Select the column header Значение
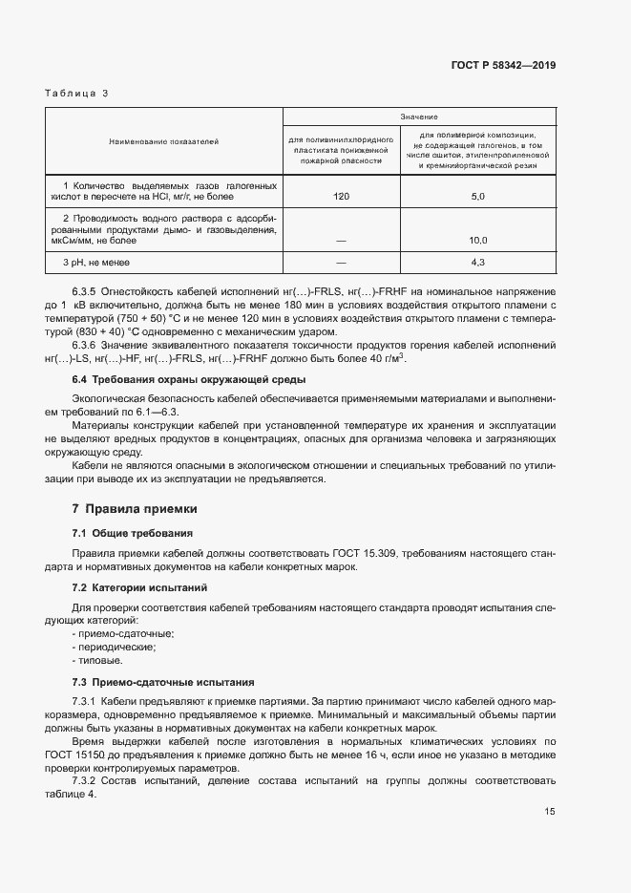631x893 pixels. (419, 117)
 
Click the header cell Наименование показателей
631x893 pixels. (163, 141)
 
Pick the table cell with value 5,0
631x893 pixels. (478, 196)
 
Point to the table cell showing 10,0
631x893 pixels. (478, 241)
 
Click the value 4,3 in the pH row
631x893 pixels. (478, 262)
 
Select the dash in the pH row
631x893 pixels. (342, 262)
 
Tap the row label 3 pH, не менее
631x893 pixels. (96, 262)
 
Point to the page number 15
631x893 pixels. (550, 812)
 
